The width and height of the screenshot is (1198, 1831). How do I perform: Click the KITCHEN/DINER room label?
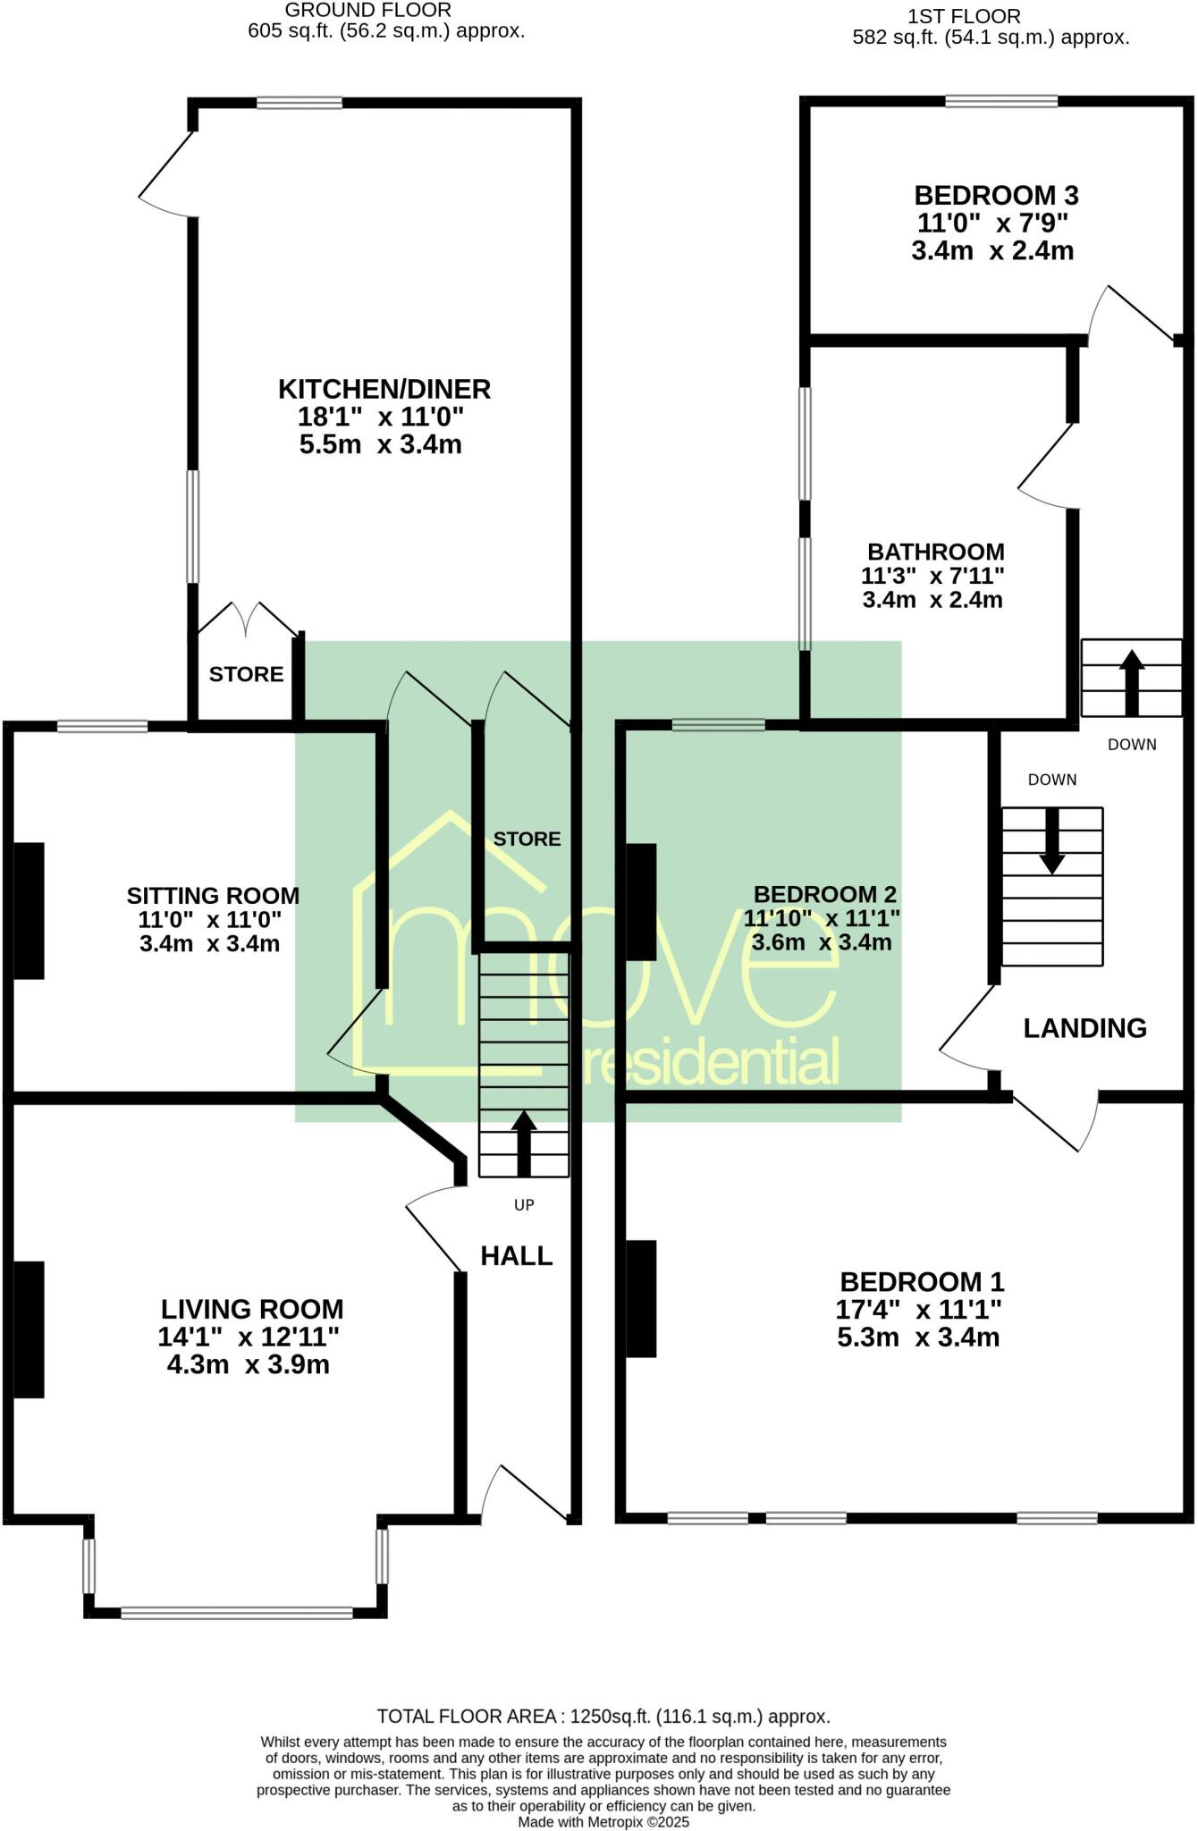click(384, 389)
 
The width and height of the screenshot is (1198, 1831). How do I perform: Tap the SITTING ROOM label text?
click(213, 895)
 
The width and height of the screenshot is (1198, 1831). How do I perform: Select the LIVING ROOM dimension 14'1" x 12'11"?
click(249, 1337)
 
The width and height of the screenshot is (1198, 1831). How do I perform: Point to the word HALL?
click(517, 1256)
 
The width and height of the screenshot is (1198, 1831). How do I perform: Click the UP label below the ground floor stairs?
click(524, 1205)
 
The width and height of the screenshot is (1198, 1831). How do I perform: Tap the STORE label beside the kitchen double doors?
click(246, 674)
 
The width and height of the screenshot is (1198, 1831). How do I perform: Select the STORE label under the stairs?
click(527, 839)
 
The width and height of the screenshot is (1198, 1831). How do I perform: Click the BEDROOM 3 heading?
click(996, 195)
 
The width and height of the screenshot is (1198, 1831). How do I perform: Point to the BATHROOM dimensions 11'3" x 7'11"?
click(932, 576)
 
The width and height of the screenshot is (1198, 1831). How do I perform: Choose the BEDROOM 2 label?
click(824, 894)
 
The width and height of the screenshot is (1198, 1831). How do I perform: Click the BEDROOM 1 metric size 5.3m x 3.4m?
click(918, 1337)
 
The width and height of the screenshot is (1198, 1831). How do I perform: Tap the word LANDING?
click(1084, 1028)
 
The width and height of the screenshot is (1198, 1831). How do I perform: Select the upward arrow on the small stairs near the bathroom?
click(1132, 682)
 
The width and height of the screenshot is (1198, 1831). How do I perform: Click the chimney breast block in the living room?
click(29, 1329)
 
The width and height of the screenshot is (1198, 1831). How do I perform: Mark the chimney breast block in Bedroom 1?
click(641, 1299)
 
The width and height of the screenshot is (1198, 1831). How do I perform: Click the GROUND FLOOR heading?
click(367, 11)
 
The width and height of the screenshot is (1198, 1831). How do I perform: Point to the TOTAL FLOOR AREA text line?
click(603, 1717)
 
